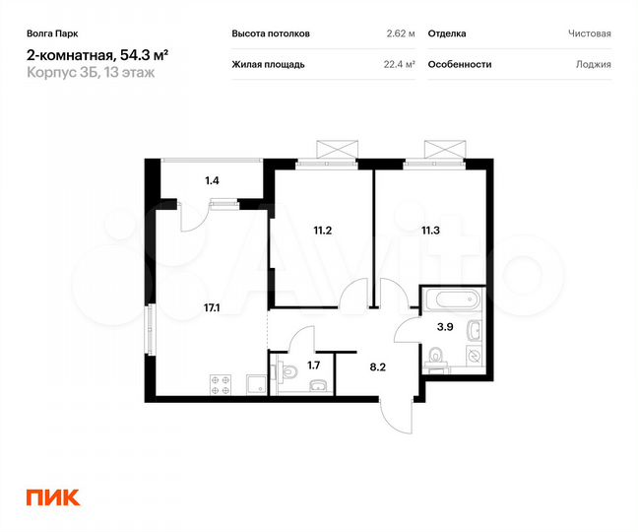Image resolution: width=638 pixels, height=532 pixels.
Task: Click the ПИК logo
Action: (53, 498)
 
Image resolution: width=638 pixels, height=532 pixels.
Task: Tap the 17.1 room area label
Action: (212, 307)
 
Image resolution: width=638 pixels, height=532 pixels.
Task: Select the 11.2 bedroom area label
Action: (321, 232)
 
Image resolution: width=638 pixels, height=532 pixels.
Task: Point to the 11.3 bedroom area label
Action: (430, 232)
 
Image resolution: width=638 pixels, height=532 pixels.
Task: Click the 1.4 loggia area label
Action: (212, 180)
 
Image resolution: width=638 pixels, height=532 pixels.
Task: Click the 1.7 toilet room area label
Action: (314, 366)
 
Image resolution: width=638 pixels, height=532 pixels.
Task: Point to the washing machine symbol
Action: (473, 355)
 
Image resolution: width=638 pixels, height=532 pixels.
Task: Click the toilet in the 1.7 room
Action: (287, 371)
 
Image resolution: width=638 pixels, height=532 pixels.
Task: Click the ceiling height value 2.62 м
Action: (401, 33)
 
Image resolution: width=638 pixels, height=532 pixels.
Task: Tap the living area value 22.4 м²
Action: (398, 64)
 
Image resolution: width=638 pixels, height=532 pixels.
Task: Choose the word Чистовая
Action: (589, 33)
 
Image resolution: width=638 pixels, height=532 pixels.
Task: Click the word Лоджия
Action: (594, 64)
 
